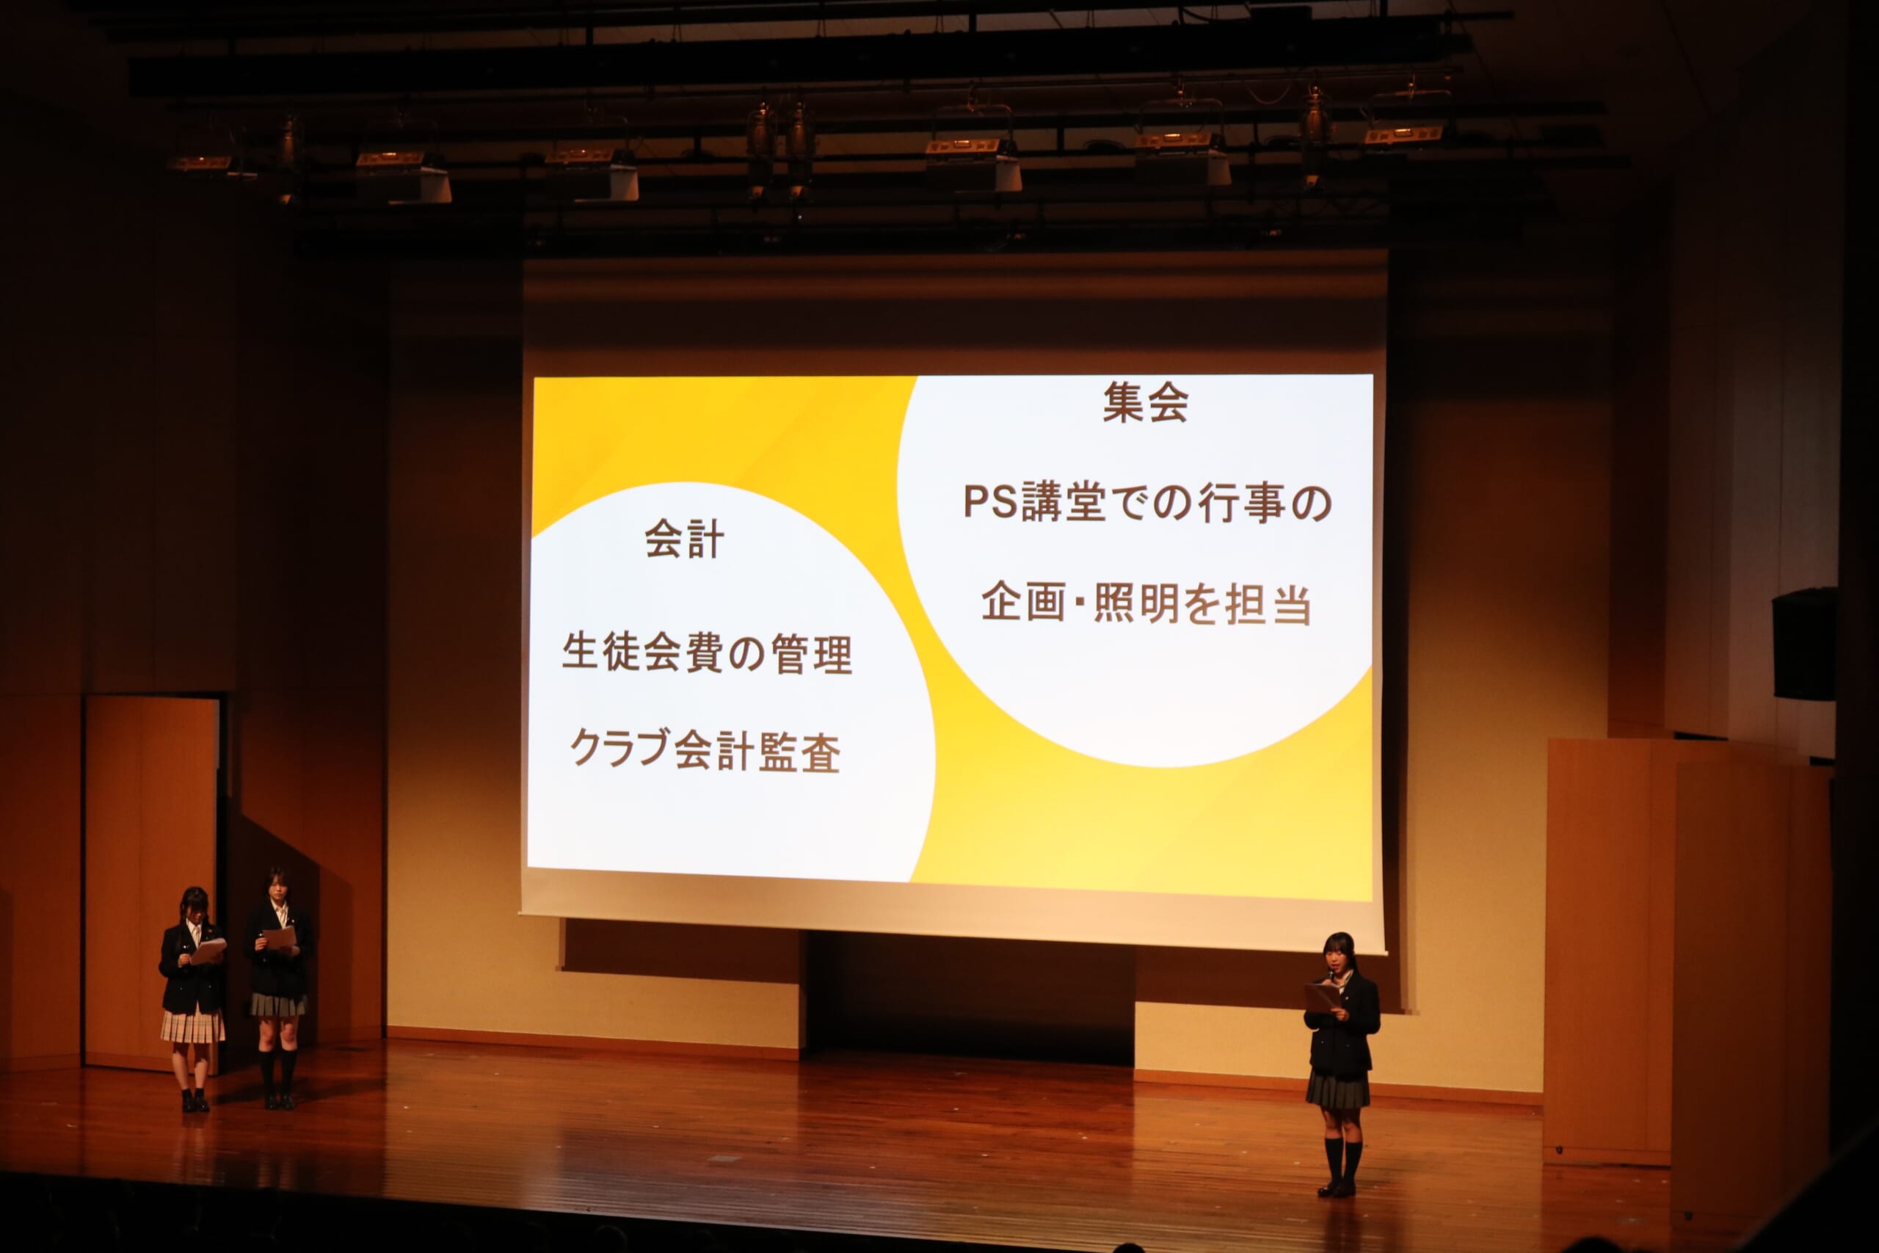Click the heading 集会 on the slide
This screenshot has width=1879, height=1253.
(1145, 403)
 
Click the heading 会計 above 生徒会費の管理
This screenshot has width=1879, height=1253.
(685, 539)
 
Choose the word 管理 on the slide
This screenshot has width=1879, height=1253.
(812, 655)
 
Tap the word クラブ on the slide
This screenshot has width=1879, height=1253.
(619, 749)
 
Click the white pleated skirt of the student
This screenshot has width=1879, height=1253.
(192, 1026)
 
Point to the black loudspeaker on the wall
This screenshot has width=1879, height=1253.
(1804, 644)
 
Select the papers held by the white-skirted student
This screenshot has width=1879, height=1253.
(208, 950)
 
